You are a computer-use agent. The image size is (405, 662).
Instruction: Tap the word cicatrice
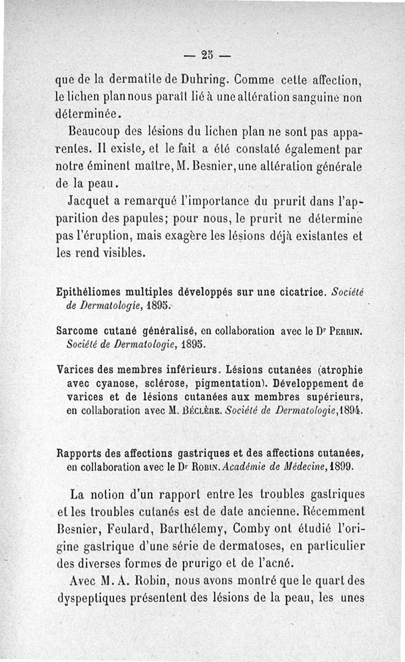pos(299,292)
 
